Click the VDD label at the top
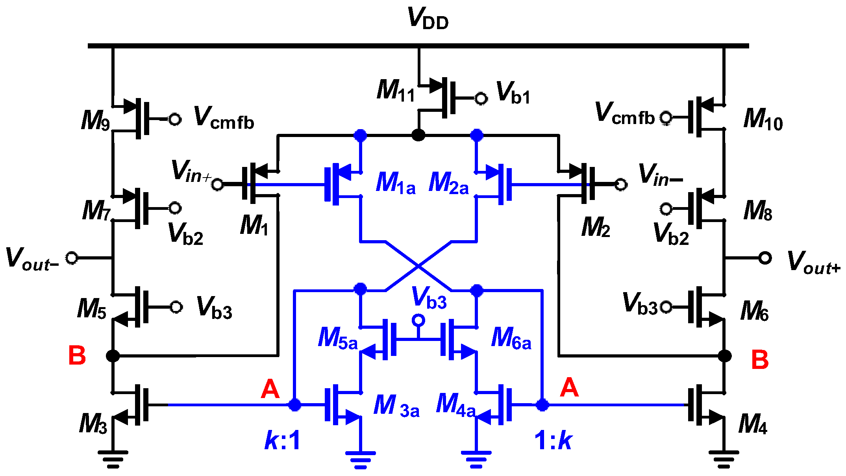coord(428,19)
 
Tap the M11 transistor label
coord(395,91)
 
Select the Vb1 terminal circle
coord(481,98)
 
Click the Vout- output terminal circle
coord(72,258)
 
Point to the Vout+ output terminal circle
coord(765,258)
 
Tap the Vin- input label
coord(660,175)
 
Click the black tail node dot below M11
coord(418,135)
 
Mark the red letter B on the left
coord(77,356)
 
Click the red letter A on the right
coord(569,387)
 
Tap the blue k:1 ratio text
coord(282,440)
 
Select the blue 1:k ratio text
coord(553,440)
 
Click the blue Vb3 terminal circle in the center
coord(418,320)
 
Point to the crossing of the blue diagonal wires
coord(418,266)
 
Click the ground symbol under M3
coord(113,458)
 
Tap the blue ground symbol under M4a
coord(476,459)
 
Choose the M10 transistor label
coord(763,119)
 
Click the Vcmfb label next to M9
coord(224,118)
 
